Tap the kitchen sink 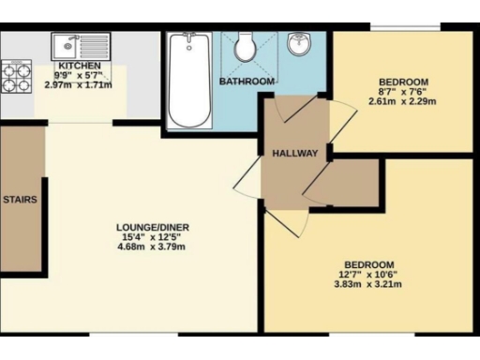pyautogui.click(x=68, y=43)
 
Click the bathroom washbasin pyautogui.click(x=300, y=44)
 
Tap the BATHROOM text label pyautogui.click(x=247, y=82)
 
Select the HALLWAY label pyautogui.click(x=295, y=154)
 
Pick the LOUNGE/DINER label pyautogui.click(x=154, y=227)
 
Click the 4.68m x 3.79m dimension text pyautogui.click(x=154, y=249)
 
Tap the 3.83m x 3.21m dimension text pyautogui.click(x=367, y=286)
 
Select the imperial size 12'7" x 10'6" pyautogui.click(x=367, y=275)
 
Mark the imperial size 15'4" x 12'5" pyautogui.click(x=154, y=238)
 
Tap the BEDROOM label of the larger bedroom pyautogui.click(x=367, y=263)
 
